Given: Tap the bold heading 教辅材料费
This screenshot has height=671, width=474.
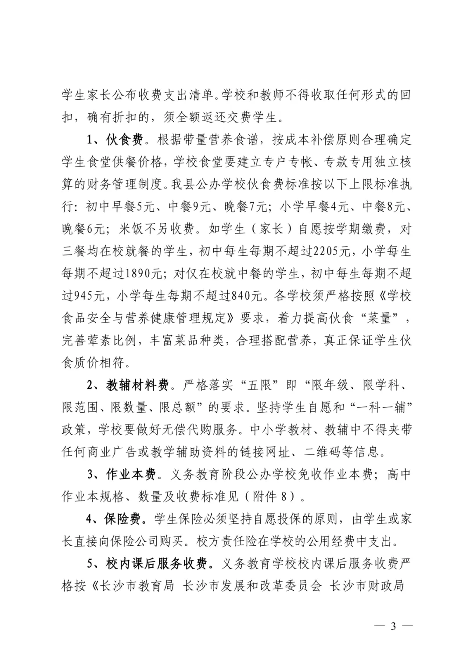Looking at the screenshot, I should pos(137,385).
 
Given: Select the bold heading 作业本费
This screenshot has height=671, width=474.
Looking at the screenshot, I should pos(131,474).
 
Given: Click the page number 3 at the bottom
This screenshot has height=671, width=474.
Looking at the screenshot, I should pos(393,626).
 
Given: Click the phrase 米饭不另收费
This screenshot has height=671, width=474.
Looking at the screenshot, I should pos(156,229).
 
